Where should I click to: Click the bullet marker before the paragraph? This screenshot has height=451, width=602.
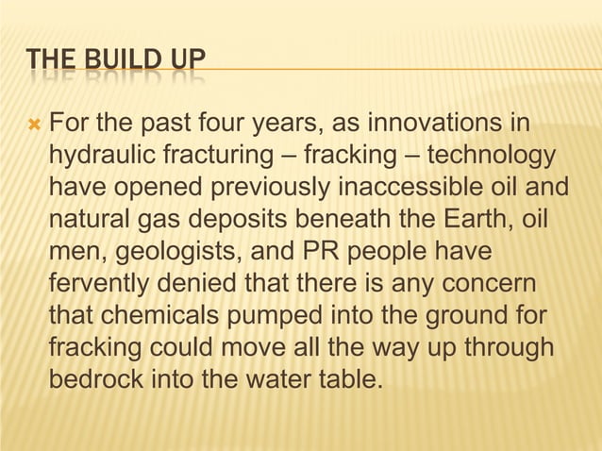tap(33, 124)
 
